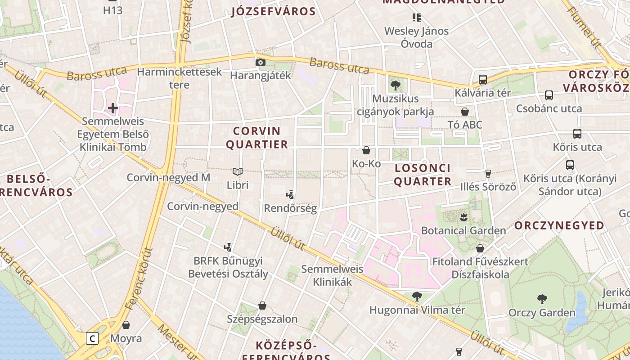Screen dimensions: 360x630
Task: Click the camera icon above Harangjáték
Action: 261,63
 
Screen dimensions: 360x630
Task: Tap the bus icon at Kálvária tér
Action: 483,80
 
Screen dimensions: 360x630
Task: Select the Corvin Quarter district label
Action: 256,138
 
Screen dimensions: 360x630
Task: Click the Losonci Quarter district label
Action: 423,175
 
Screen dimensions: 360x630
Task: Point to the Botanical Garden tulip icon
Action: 463,217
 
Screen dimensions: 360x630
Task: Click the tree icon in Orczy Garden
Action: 542,299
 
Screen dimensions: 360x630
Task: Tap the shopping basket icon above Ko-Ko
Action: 366,150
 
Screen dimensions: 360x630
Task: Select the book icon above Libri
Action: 238,171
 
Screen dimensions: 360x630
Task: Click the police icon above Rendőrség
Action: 290,195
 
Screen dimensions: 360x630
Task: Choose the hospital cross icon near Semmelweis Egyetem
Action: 113,108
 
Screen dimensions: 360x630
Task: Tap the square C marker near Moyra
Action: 92,338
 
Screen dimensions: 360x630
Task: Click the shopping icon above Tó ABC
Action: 465,111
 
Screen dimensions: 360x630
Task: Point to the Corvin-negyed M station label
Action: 168,177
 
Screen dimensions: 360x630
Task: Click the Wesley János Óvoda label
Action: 416,37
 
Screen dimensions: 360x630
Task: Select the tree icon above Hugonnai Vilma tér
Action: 417,296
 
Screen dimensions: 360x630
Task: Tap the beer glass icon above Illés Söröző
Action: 488,173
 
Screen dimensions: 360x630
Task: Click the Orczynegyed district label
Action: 559,225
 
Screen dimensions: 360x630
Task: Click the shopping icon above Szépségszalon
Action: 262,306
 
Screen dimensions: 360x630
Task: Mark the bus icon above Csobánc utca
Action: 549,95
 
